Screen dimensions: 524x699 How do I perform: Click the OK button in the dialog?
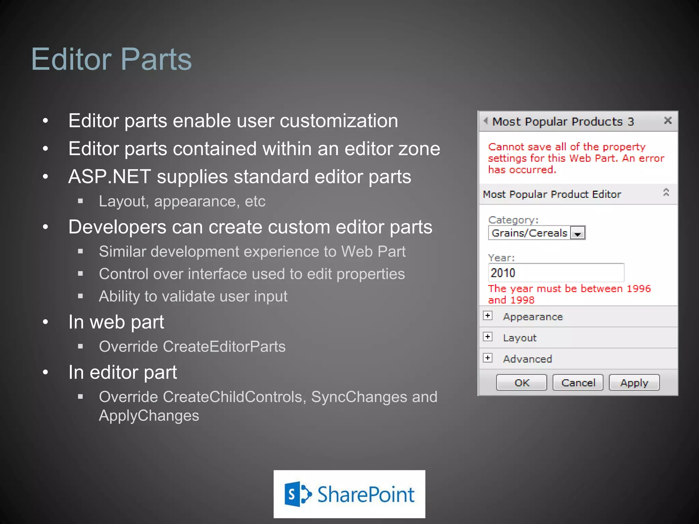click(522, 382)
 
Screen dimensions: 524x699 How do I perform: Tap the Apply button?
click(634, 382)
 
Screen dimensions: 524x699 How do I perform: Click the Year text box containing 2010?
click(556, 273)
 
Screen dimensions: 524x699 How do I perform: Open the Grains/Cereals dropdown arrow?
click(578, 233)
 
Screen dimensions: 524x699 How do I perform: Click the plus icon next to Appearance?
click(488, 316)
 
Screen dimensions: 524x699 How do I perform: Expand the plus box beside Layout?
click(488, 337)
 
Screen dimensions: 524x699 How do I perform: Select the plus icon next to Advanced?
click(488, 358)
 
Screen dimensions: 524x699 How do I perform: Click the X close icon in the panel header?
click(668, 120)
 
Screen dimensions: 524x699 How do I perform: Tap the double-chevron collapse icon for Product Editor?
click(666, 192)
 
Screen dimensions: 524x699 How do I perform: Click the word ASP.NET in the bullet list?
click(109, 177)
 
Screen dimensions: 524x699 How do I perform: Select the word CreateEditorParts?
click(224, 347)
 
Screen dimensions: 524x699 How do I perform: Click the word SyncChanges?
click(359, 397)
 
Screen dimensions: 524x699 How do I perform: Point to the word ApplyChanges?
click(149, 416)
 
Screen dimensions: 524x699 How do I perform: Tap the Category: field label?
click(513, 220)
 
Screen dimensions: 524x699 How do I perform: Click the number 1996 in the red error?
click(639, 289)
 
